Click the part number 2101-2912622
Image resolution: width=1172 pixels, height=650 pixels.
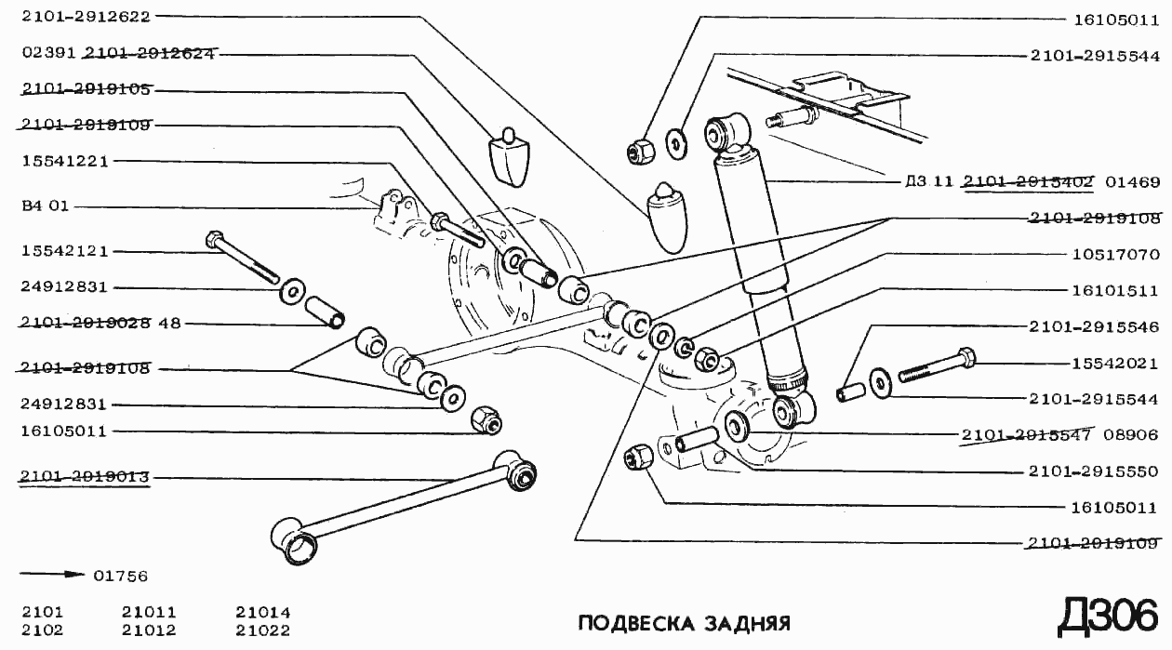coord(85,16)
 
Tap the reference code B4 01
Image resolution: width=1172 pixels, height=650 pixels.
coord(45,206)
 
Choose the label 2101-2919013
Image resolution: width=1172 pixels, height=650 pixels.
coord(85,477)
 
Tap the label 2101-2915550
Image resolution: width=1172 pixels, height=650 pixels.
coord(1094,471)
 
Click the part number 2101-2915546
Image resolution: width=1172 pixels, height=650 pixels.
coord(1094,327)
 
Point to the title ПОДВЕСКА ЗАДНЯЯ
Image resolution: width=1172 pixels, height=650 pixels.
coord(684,622)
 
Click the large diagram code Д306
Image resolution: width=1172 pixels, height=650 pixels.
coord(1107,616)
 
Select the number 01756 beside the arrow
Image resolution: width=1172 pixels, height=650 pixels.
coord(120,577)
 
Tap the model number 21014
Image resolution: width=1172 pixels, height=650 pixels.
coord(262,613)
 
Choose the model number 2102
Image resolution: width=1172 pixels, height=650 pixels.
coord(42,630)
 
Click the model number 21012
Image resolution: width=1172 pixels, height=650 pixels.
coord(149,630)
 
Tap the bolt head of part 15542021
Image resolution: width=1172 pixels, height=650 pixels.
coord(966,356)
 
